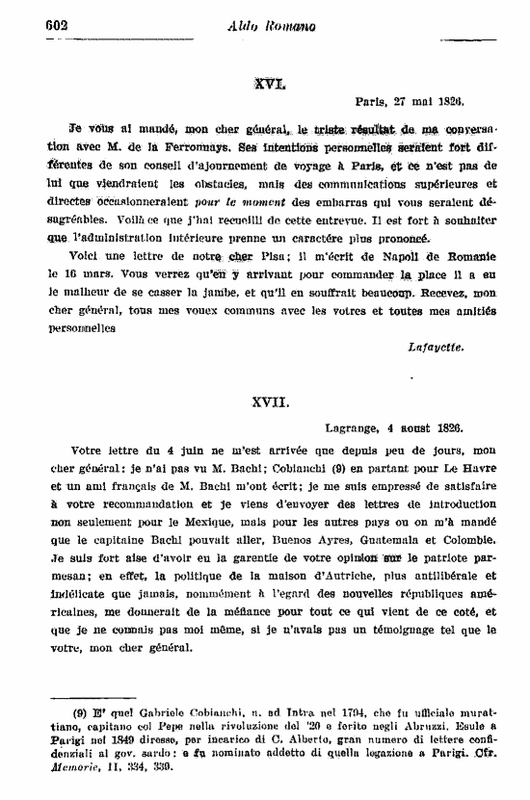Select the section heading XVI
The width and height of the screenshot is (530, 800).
tap(266, 84)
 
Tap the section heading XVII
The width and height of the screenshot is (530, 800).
tap(266, 398)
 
